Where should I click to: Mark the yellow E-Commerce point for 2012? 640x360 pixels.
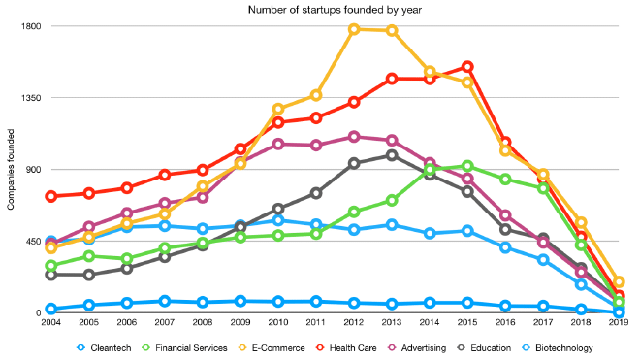[354, 29]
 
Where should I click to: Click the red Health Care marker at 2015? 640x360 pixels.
[467, 67]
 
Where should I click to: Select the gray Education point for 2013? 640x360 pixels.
[392, 155]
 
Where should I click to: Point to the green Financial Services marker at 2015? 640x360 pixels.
[467, 166]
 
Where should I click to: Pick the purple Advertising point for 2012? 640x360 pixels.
[354, 137]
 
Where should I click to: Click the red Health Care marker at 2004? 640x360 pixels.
[50, 196]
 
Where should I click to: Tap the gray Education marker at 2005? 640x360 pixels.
[88, 275]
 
